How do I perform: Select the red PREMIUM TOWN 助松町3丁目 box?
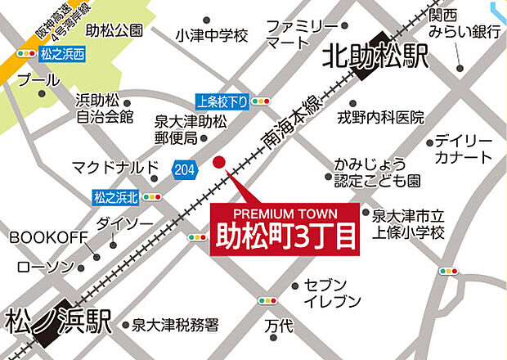coord(285,229)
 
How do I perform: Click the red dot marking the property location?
coord(218,162)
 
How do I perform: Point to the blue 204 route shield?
coord(185,169)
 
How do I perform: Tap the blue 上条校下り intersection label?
coord(222,102)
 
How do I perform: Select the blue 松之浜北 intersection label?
coord(116,196)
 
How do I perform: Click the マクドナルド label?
coord(114,168)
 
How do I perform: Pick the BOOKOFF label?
coord(48,237)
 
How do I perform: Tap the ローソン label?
coord(45,266)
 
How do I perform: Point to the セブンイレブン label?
coord(332,293)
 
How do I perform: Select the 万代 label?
coord(278,325)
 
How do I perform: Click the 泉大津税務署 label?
coord(176,325)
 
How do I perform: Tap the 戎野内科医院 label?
coord(380,118)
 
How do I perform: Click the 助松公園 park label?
coord(114,30)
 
